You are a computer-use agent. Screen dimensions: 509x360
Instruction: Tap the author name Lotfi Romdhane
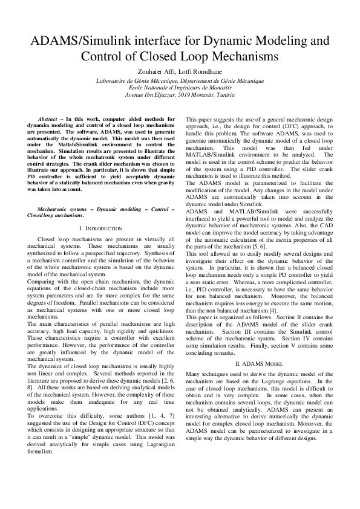203,71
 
